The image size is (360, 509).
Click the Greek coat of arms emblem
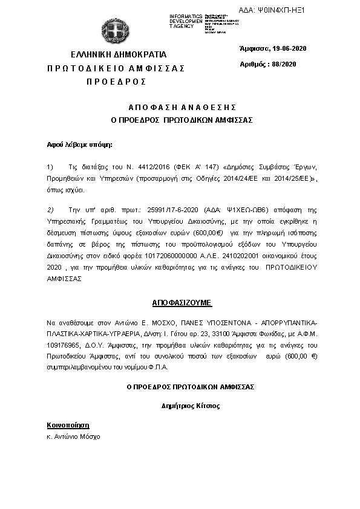[x=113, y=31]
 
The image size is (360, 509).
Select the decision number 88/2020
[x=284, y=64]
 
